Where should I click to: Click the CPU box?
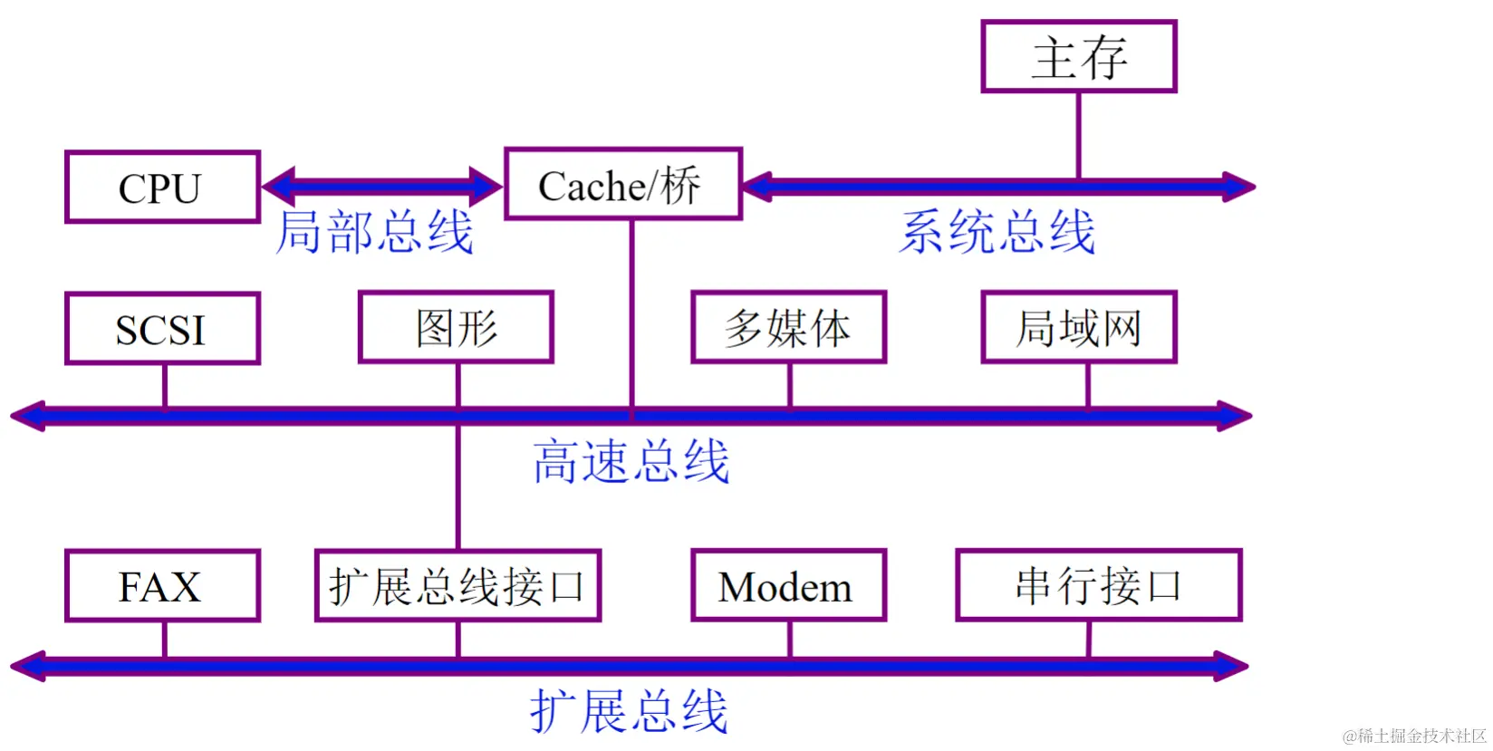162,188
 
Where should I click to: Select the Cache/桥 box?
622,185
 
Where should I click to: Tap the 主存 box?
1078,57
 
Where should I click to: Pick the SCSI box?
162,329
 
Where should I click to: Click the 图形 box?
456,328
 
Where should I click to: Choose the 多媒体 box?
788,328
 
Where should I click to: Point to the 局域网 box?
1078,328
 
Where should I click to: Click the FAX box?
162,586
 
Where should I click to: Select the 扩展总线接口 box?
458,586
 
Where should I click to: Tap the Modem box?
788,586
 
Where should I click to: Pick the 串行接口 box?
1098,586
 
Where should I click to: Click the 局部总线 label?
374,232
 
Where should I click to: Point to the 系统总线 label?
997,232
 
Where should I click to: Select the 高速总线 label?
631,461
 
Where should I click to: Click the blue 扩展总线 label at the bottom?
630,711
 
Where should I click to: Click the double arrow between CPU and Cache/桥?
381,187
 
